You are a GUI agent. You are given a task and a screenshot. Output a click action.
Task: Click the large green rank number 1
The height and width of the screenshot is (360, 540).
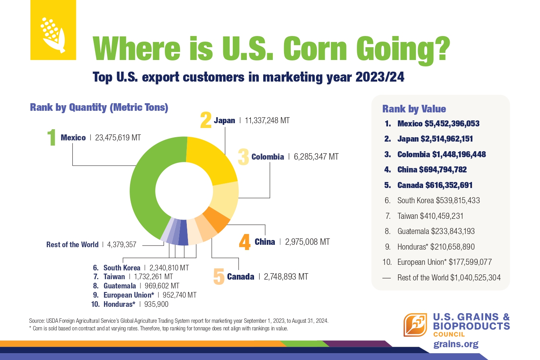[x=52, y=138]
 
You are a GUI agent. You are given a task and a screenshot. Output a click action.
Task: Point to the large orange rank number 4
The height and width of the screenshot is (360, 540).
[x=244, y=242]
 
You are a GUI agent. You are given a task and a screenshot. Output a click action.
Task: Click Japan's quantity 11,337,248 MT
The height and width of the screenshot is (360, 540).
[x=267, y=120]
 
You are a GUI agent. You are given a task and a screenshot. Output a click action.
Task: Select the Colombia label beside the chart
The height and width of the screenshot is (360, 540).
[x=268, y=157]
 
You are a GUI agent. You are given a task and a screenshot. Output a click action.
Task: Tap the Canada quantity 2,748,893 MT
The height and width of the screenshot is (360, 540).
[x=286, y=276]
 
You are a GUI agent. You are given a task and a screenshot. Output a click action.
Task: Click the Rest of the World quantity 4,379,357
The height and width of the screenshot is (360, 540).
[x=122, y=244]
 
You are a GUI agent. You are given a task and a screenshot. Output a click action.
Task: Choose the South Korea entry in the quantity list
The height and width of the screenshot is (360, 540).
[x=122, y=268]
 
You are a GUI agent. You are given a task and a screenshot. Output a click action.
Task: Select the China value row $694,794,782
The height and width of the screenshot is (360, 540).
[x=432, y=170]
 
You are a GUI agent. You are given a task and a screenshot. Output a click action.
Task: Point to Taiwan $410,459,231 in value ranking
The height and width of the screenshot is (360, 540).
[x=430, y=216]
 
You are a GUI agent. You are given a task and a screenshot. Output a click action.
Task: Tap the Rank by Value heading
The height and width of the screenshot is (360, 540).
[x=414, y=109]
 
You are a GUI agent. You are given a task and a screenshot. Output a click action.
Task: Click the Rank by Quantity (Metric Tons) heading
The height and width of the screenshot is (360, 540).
[x=99, y=107]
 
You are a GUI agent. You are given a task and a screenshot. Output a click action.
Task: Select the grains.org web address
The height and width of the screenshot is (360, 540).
[x=456, y=344]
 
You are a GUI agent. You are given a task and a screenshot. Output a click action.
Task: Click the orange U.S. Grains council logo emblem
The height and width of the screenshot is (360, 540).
[x=415, y=325]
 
